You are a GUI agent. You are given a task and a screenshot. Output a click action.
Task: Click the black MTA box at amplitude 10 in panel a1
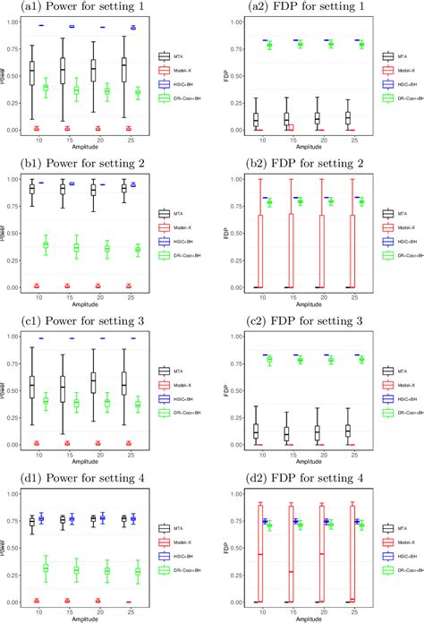32,73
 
